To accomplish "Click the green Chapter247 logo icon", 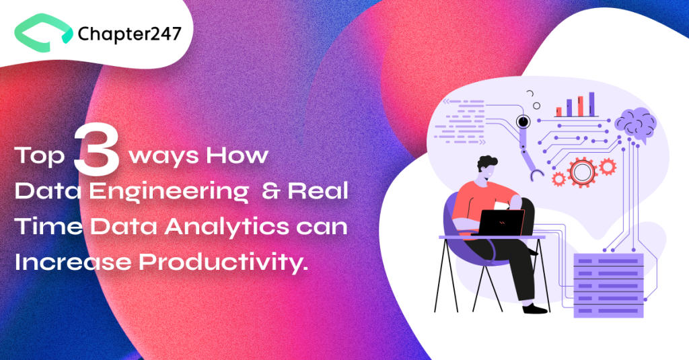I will (x=42, y=34).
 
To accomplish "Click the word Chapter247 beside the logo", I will (x=129, y=33).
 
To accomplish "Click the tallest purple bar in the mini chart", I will (x=592, y=104).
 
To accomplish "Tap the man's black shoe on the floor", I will (x=535, y=308).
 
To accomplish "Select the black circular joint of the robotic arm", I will (x=522, y=122).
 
